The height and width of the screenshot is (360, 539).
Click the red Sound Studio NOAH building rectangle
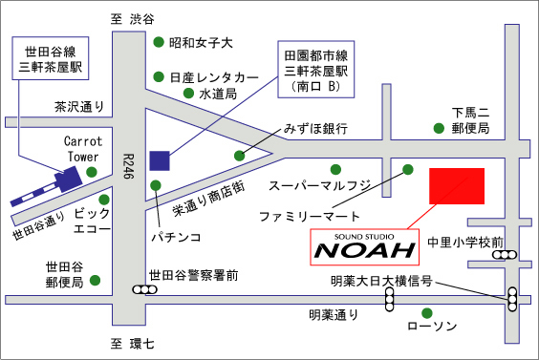point(457,186)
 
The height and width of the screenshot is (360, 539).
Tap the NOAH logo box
point(365,247)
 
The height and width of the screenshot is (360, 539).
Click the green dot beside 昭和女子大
point(159,42)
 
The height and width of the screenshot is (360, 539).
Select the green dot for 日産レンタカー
point(159,76)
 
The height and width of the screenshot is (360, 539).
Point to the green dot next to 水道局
point(188,93)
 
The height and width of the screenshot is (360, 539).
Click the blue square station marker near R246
point(160,160)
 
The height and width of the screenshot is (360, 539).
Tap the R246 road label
point(129,166)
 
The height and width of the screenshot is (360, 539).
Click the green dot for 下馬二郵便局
point(439,128)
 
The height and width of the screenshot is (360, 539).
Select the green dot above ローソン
point(427,313)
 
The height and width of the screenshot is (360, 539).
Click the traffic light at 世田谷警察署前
point(144,290)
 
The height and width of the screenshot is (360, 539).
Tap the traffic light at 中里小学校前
point(505,255)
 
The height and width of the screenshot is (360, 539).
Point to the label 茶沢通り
point(79,107)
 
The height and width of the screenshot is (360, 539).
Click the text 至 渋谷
point(132,19)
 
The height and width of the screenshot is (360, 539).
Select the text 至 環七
point(132,344)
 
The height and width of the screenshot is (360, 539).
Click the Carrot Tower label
point(83,149)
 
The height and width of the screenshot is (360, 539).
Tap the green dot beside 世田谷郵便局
point(95,281)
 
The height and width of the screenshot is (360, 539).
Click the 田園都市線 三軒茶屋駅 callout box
point(316,70)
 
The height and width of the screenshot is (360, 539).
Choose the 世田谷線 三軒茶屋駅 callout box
point(51,58)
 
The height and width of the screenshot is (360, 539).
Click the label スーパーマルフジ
point(320,186)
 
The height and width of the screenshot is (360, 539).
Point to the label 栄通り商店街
point(208,199)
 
